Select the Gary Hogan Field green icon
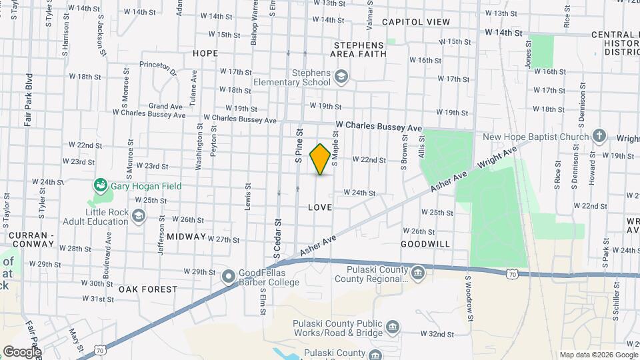pyautogui.click(x=101, y=183)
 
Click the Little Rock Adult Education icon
pyautogui.click(x=138, y=215)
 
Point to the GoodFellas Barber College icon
pyautogui.click(x=228, y=275)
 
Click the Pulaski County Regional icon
pyautogui.click(x=418, y=272)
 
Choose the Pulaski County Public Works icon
pyautogui.click(x=393, y=326)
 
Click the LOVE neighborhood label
pyautogui.click(x=320, y=208)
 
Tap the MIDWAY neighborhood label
pyautogui.click(x=187, y=237)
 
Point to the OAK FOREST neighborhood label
pyautogui.click(x=148, y=289)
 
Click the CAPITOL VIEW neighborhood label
pyautogui.click(x=416, y=22)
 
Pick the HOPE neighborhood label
pyautogui.click(x=205, y=53)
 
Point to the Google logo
pyautogui.click(x=22, y=351)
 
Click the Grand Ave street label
pyautogui.click(x=165, y=106)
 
